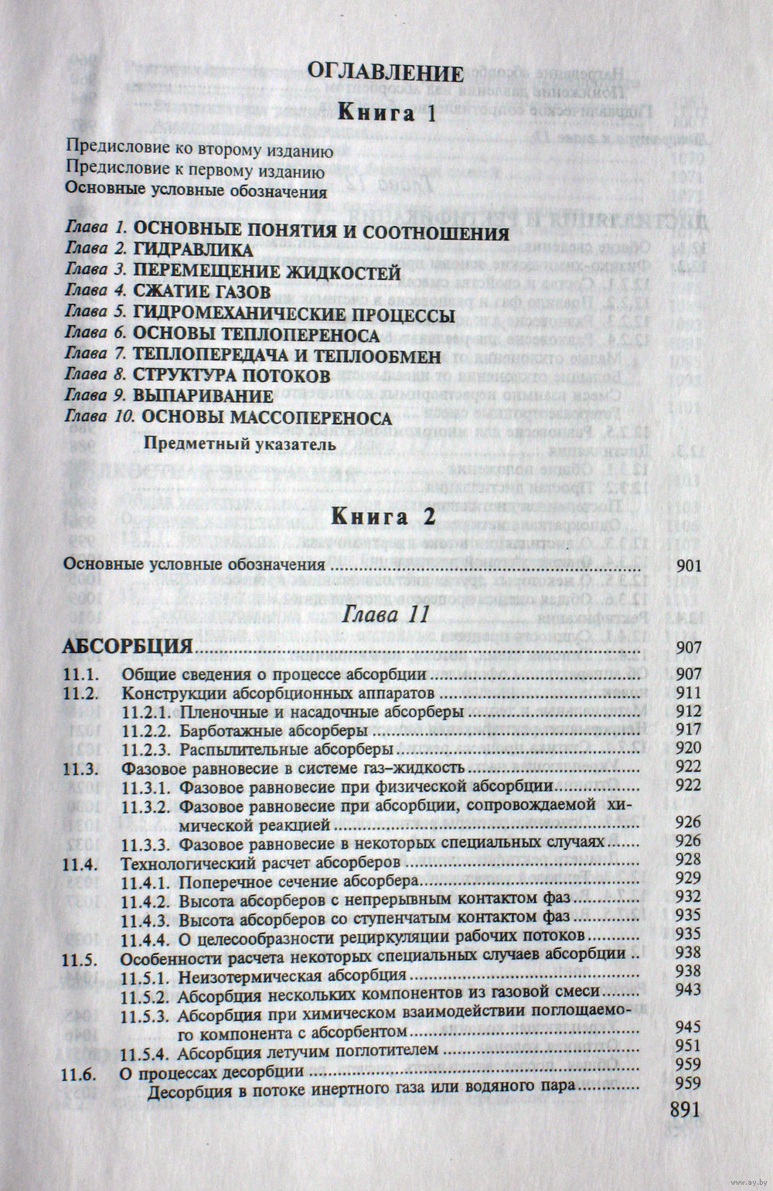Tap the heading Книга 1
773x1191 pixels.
click(386, 114)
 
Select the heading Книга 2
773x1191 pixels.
click(383, 517)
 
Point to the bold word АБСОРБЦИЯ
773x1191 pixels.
click(128, 647)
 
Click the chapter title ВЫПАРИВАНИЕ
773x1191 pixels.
click(203, 397)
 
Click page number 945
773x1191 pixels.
click(687, 1028)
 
